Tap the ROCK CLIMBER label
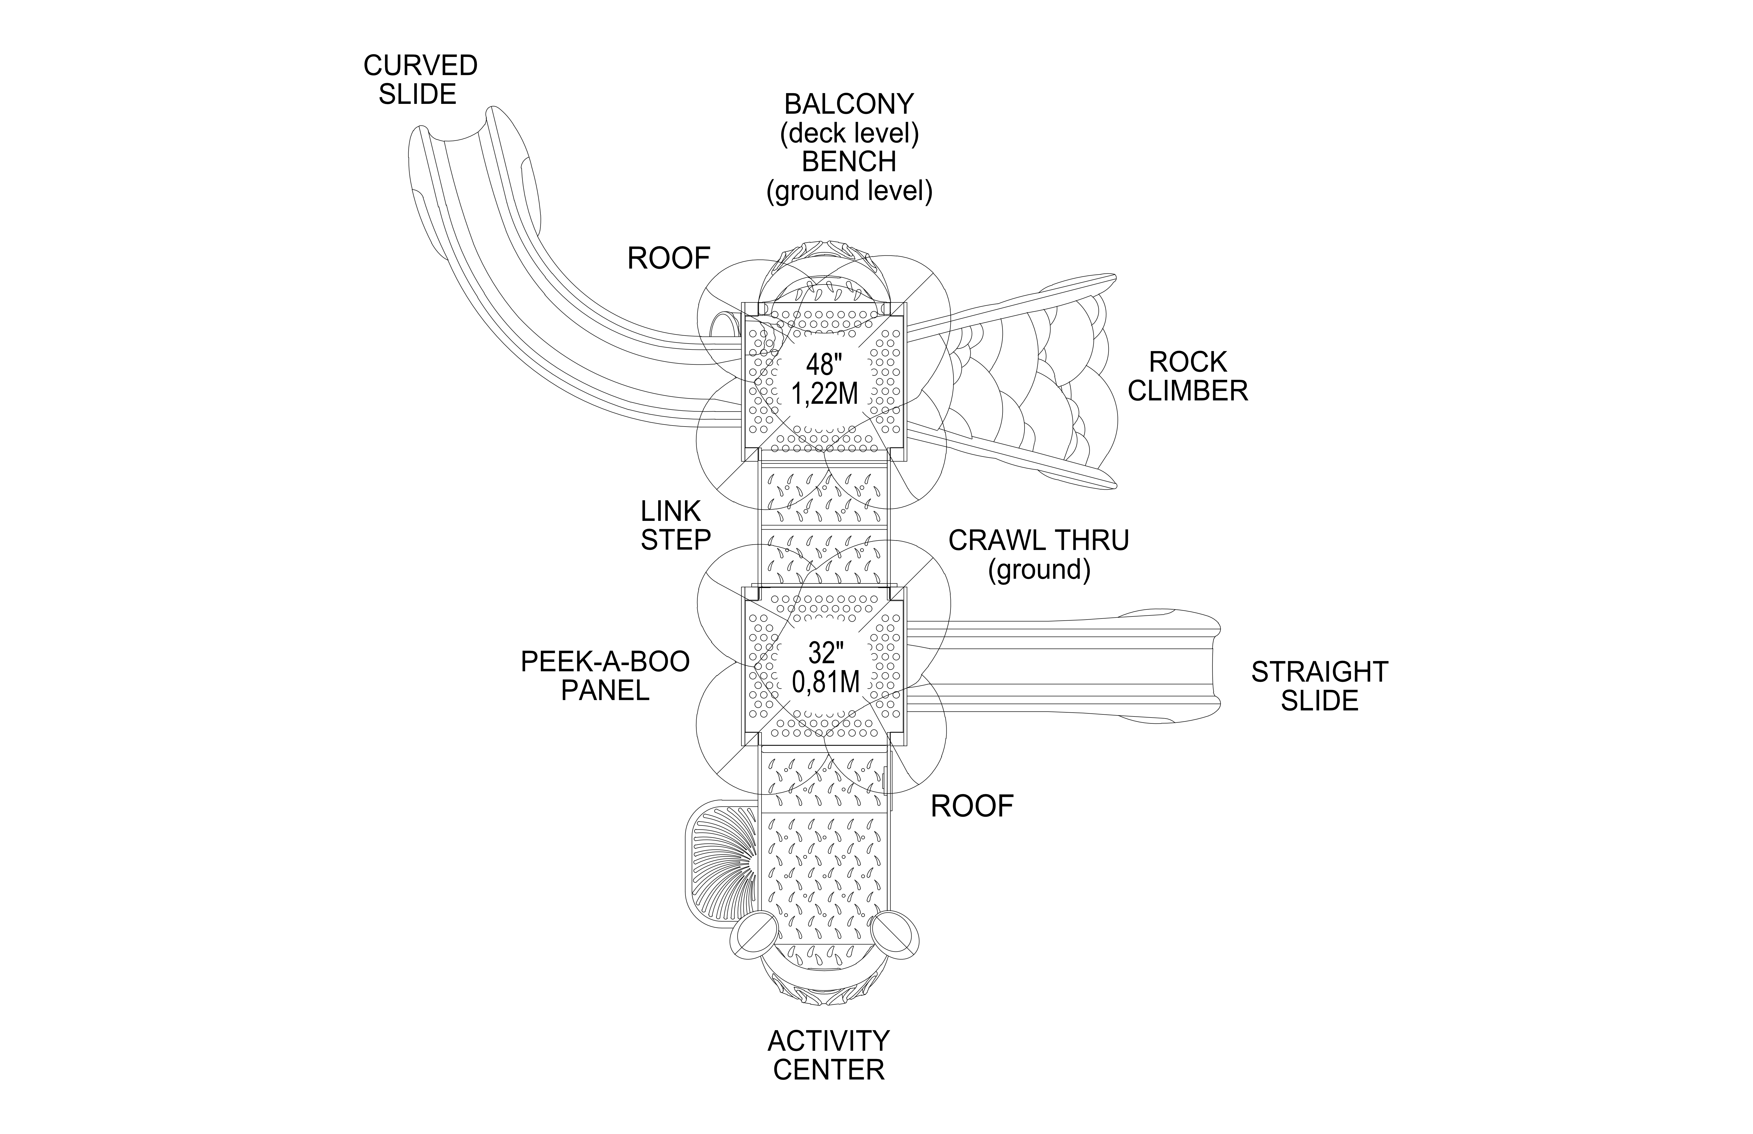point(1187,376)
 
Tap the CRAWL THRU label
point(1038,540)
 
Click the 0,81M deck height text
point(826,682)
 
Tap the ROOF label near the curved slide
point(668,259)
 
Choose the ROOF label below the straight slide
point(972,806)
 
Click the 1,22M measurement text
point(824,394)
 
